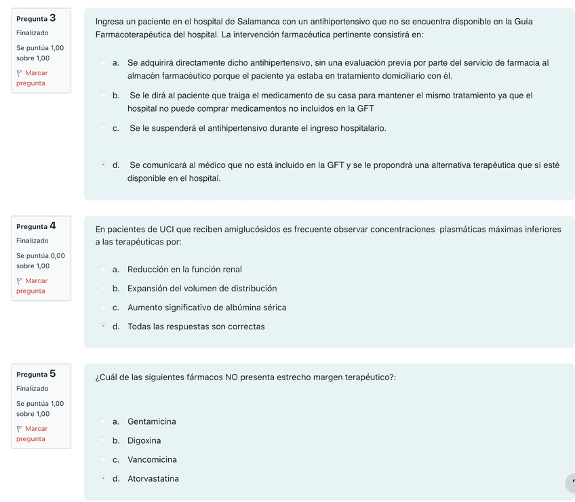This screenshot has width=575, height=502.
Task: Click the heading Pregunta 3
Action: pyautogui.click(x=36, y=18)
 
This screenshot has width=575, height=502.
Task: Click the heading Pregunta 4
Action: pyautogui.click(x=36, y=226)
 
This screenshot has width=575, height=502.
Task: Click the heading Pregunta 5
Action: pyautogui.click(x=36, y=374)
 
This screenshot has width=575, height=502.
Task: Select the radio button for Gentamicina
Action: pyautogui.click(x=103, y=421)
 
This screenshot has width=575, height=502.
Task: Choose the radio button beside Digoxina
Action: pyautogui.click(x=103, y=440)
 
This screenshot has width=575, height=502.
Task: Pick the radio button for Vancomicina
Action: pyautogui.click(x=103, y=459)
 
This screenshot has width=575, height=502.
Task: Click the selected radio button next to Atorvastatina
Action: pyautogui.click(x=103, y=478)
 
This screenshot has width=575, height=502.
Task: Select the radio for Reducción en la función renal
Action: pyautogui.click(x=103, y=270)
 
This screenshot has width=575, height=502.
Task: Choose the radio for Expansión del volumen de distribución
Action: pyautogui.click(x=103, y=289)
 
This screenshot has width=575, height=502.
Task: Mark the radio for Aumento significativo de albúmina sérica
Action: pyautogui.click(x=103, y=308)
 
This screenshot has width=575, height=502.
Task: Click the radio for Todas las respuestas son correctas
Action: pyautogui.click(x=103, y=327)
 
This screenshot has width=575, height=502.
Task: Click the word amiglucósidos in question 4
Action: pyautogui.click(x=248, y=230)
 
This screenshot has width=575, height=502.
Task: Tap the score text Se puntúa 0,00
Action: pyautogui.click(x=41, y=255)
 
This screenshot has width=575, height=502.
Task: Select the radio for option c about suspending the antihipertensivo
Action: pyautogui.click(x=103, y=128)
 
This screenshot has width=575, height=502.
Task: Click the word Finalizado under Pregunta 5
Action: pyautogui.click(x=33, y=389)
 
